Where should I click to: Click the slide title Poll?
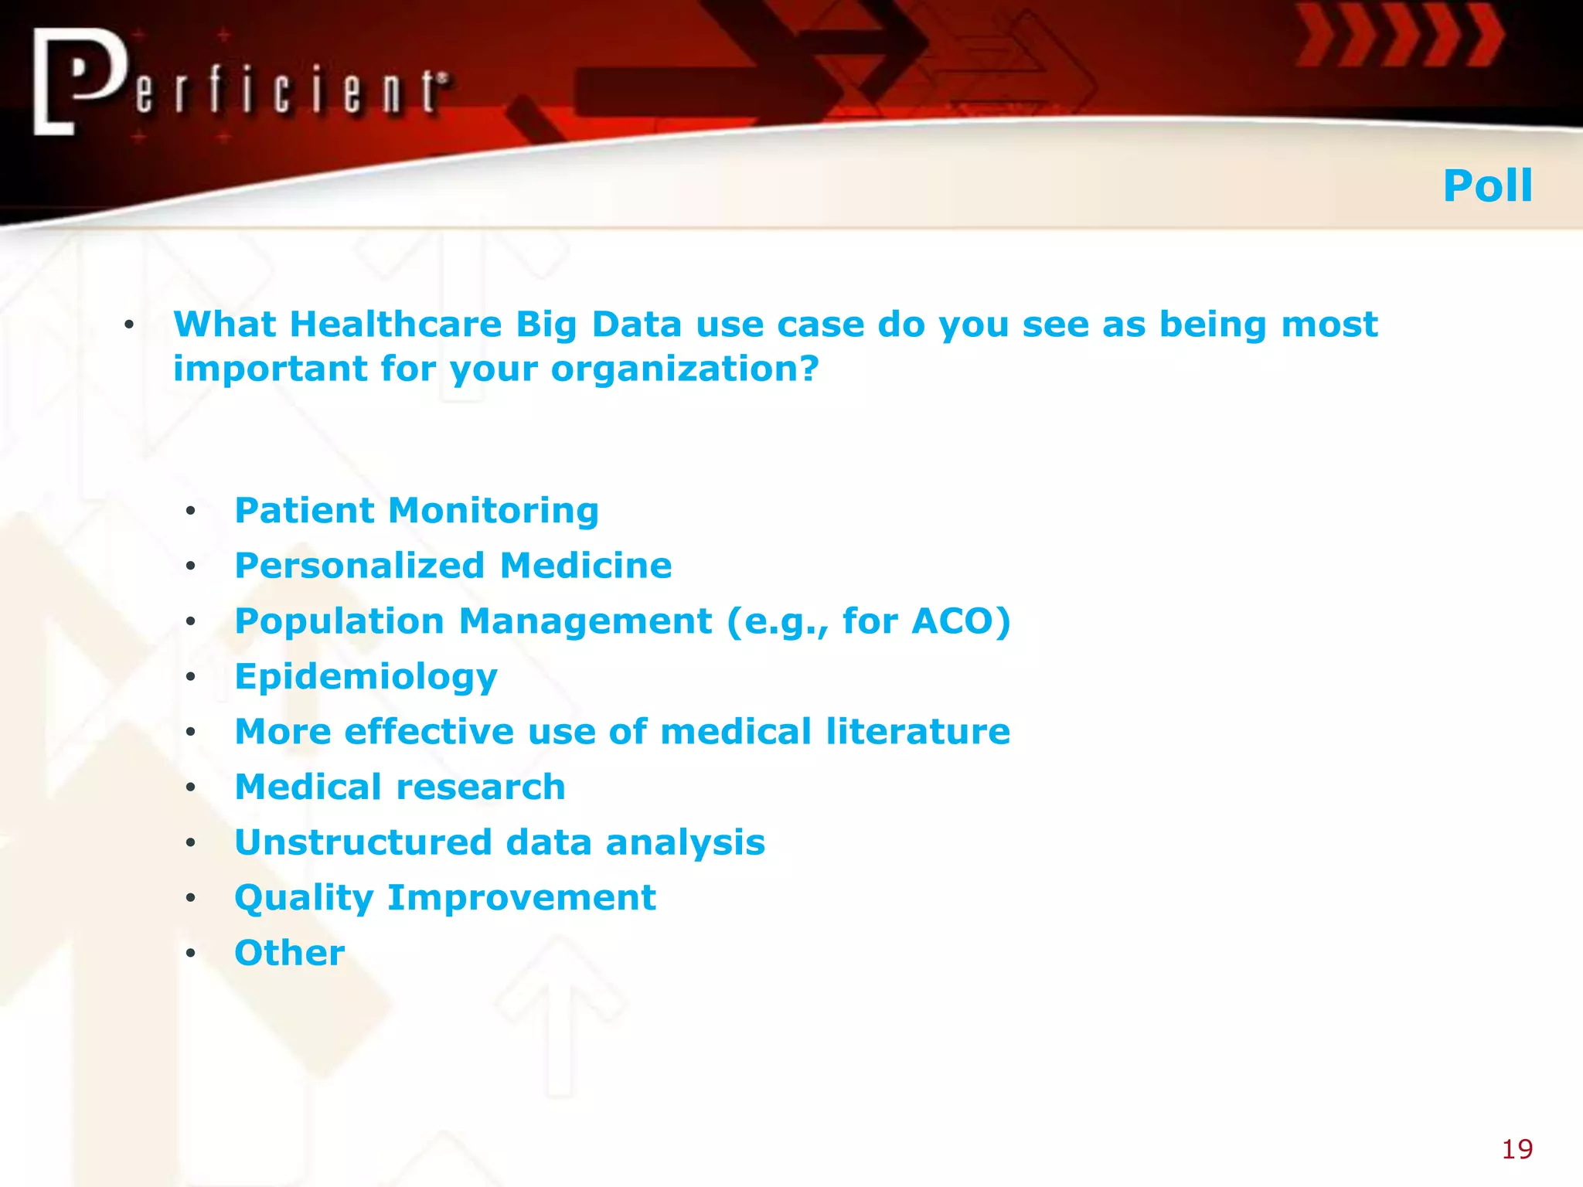pyautogui.click(x=1487, y=186)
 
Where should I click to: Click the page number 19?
pyautogui.click(x=1517, y=1149)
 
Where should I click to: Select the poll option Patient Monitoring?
pyautogui.click(x=417, y=511)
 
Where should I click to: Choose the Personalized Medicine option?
pyautogui.click(x=453, y=566)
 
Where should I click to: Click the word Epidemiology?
pyautogui.click(x=366, y=677)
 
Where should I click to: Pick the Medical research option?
pyautogui.click(x=400, y=787)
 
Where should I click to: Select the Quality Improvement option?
pyautogui.click(x=445, y=898)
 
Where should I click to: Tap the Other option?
pyautogui.click(x=290, y=953)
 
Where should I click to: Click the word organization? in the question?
pyautogui.click(x=684, y=369)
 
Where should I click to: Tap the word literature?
pyautogui.click(x=917, y=732)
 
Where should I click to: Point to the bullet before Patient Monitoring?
pyautogui.click(x=190, y=512)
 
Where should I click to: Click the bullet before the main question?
pyautogui.click(x=129, y=325)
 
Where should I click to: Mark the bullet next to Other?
pyautogui.click(x=190, y=954)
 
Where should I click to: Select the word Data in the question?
pyautogui.click(x=636, y=325)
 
